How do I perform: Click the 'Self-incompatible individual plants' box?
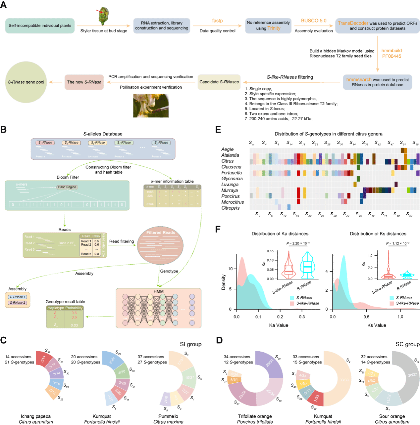[x=40, y=26]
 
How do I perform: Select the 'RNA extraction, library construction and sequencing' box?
[x=161, y=26]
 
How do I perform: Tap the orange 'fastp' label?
[x=217, y=21]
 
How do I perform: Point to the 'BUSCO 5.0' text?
[x=313, y=21]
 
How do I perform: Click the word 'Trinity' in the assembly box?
[x=274, y=28]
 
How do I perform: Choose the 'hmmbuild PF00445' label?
[x=392, y=53]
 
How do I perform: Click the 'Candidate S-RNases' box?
[x=219, y=82]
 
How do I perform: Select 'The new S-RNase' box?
[x=84, y=82]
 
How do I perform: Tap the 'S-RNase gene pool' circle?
[x=26, y=82]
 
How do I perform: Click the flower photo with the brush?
[x=151, y=106]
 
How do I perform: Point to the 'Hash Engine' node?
[x=67, y=187]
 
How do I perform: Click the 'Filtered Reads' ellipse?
[x=160, y=245]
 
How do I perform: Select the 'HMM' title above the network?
[x=158, y=291]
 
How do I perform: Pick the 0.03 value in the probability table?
[x=74, y=325]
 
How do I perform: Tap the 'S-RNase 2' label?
[x=18, y=303]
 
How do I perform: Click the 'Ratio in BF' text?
[x=66, y=243]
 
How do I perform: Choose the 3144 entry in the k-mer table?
[x=150, y=204]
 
